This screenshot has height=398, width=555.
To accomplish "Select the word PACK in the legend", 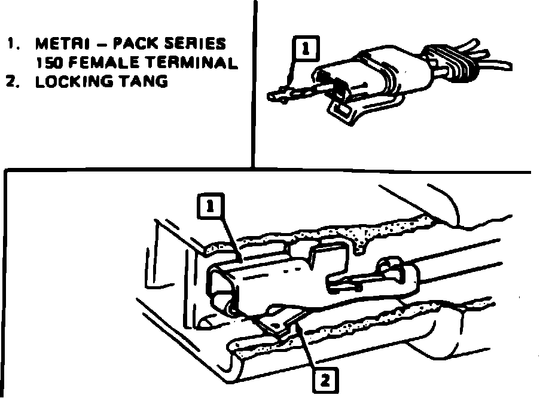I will (133, 44).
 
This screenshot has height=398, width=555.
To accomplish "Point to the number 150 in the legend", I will (47, 63).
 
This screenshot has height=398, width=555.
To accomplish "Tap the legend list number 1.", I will (12, 44).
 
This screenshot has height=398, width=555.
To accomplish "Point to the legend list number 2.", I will (11, 81).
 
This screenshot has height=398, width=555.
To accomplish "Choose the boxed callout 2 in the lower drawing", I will (324, 379).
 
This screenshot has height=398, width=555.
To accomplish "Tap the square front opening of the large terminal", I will (222, 287).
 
